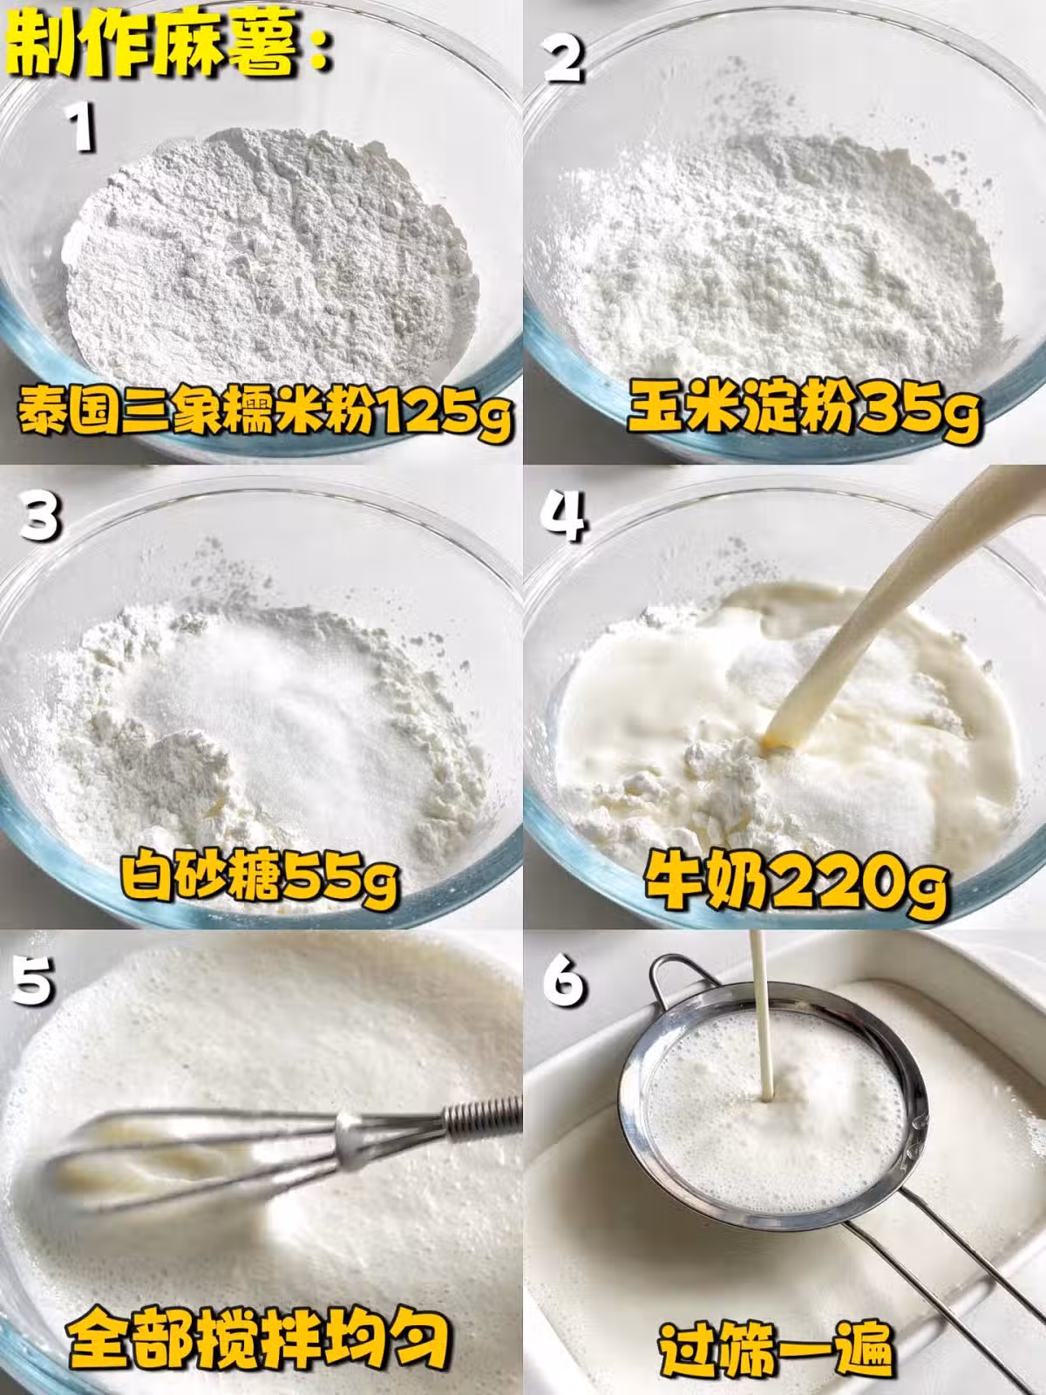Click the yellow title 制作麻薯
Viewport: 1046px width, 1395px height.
(168, 45)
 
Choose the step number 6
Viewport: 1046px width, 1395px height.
(564, 980)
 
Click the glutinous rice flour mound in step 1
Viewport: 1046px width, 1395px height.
(270, 255)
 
